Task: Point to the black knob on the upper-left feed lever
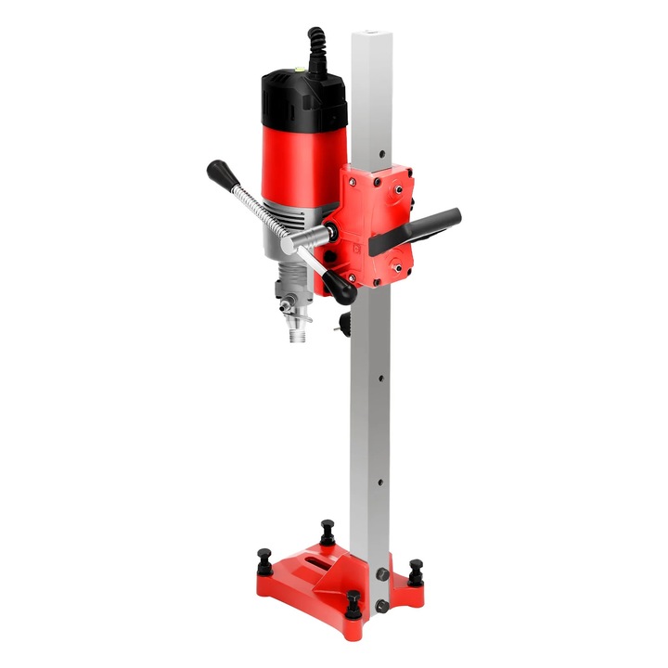218,171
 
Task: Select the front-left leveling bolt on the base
263,559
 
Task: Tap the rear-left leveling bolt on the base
327,532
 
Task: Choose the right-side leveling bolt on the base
413,568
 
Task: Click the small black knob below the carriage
346,324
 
